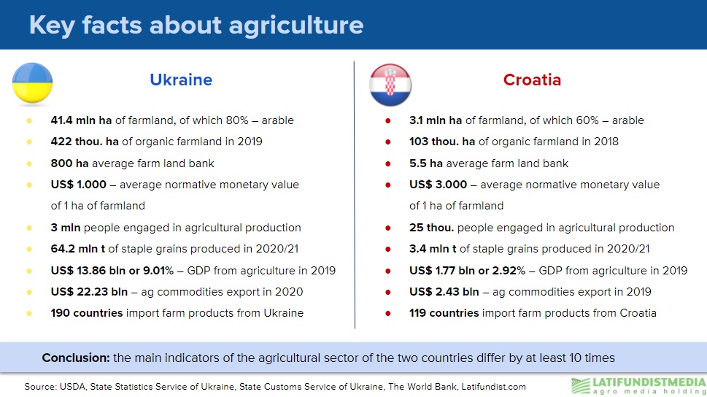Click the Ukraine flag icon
click(32, 83)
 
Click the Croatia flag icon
click(390, 85)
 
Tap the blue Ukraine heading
click(181, 80)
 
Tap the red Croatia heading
click(532, 80)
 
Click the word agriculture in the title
click(296, 26)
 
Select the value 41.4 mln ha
click(81, 120)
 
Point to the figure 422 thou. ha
click(85, 142)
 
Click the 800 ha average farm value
click(69, 163)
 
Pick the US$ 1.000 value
click(79, 185)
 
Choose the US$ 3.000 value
click(438, 185)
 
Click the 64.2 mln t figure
click(77, 249)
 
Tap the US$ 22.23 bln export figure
click(89, 292)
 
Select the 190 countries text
click(87, 313)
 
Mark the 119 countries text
click(444, 313)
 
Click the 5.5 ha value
click(425, 163)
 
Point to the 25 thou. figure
click(431, 228)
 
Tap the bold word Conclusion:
click(76, 358)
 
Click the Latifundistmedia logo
click(638, 386)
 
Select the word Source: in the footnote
click(40, 387)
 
